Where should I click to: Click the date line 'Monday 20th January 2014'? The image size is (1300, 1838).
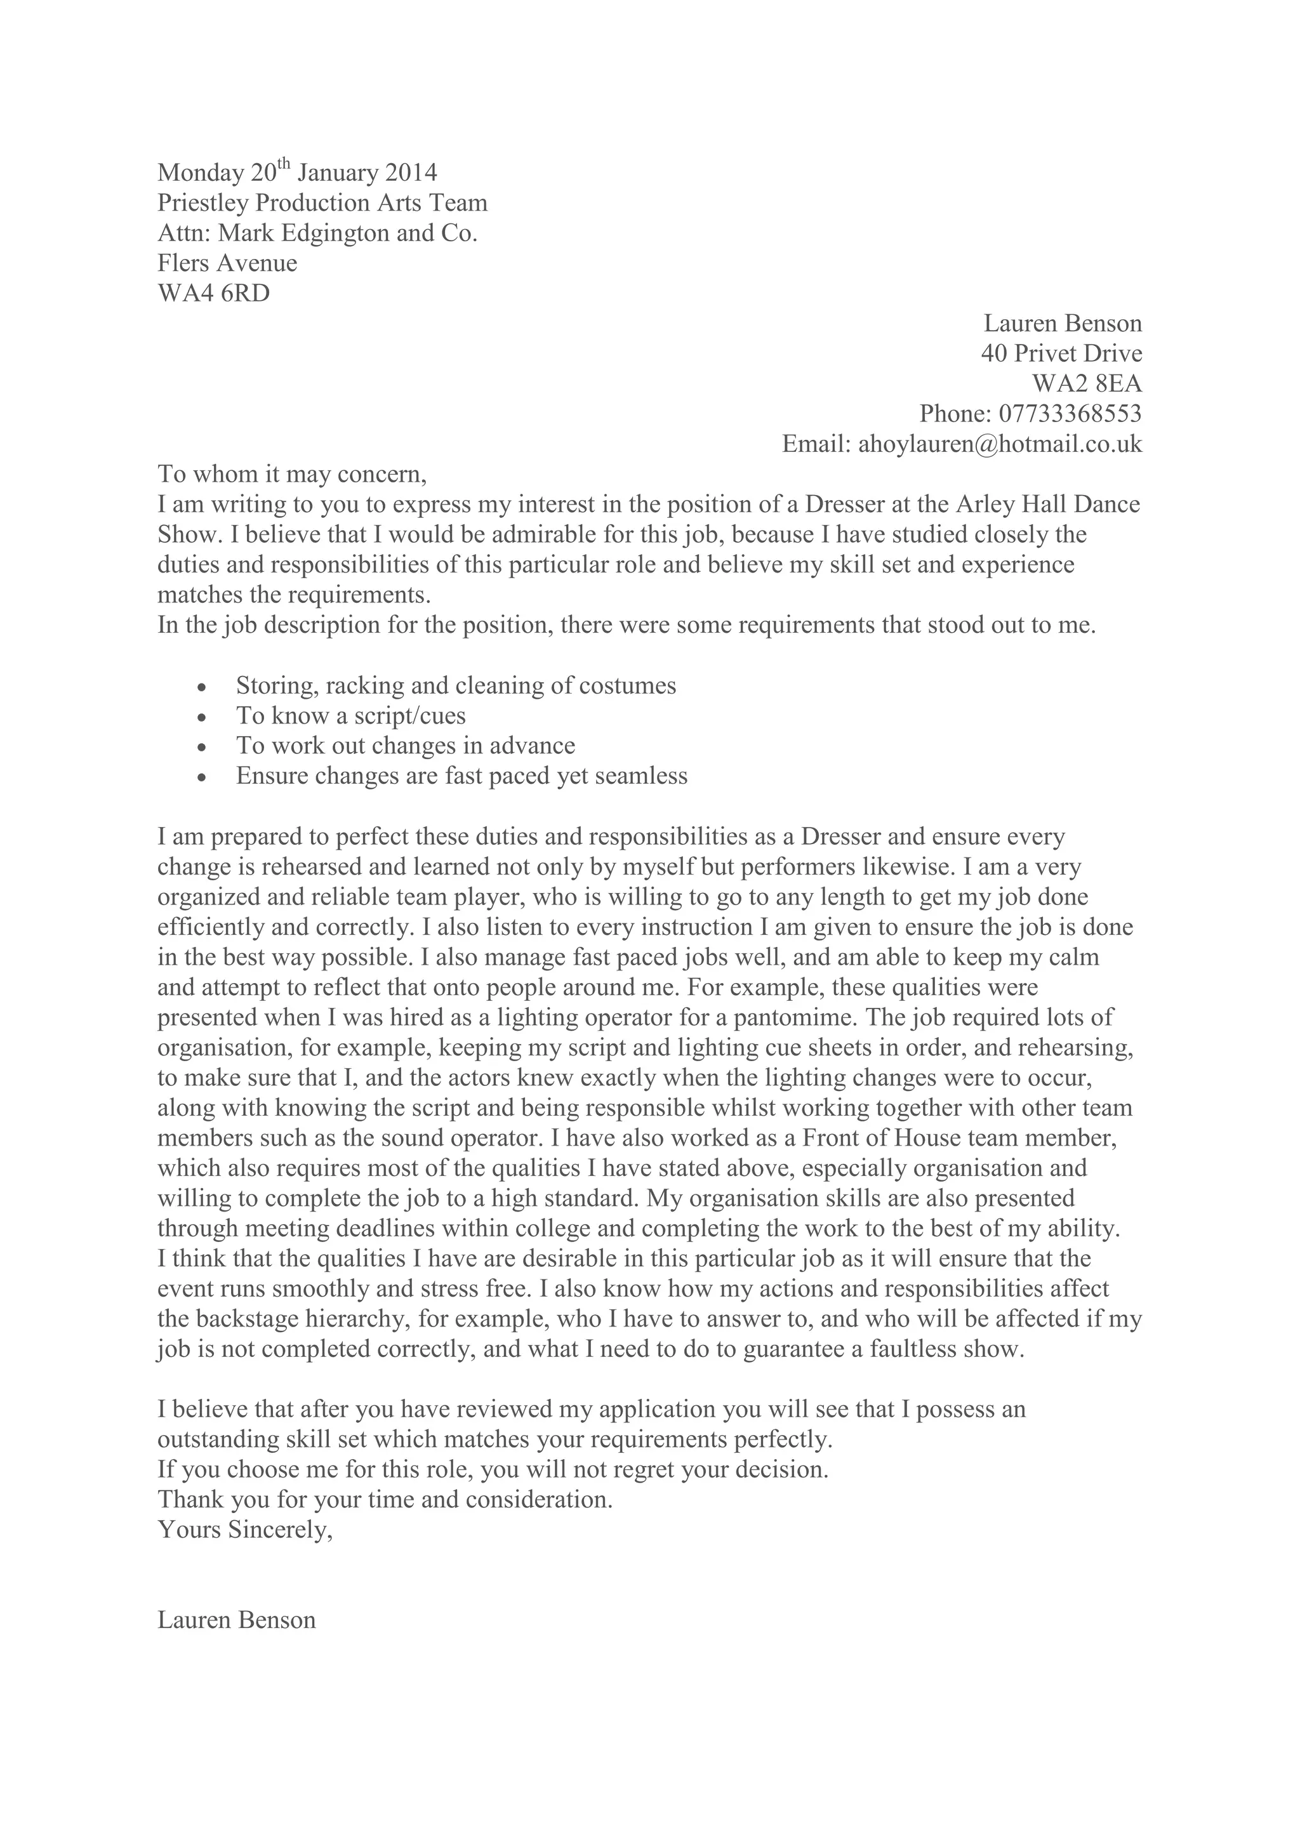(x=297, y=173)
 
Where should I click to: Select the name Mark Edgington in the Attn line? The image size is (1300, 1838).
(x=304, y=233)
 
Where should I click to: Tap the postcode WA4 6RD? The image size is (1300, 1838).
(x=214, y=293)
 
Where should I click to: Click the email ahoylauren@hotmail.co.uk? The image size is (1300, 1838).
(x=1000, y=444)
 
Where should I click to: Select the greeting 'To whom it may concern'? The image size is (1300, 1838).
(x=292, y=474)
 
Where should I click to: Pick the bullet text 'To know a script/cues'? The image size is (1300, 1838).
(x=350, y=716)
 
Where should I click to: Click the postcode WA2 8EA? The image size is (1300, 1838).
(x=1086, y=383)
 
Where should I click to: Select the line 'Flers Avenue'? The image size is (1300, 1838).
(x=227, y=263)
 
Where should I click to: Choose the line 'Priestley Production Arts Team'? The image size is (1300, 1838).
(x=322, y=202)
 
